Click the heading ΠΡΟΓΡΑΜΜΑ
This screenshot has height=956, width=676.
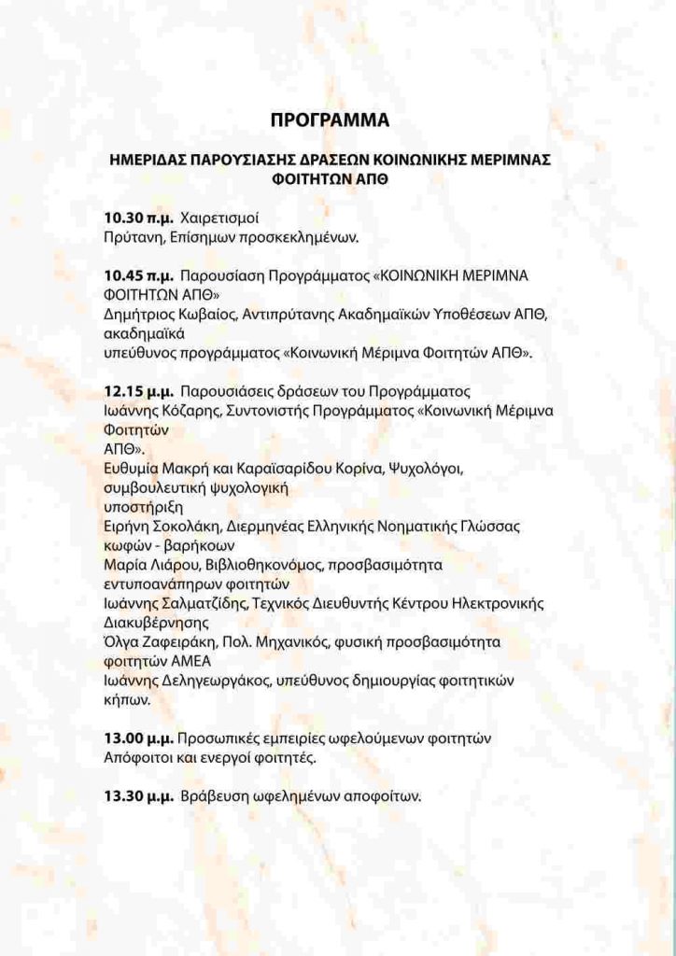(x=329, y=120)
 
